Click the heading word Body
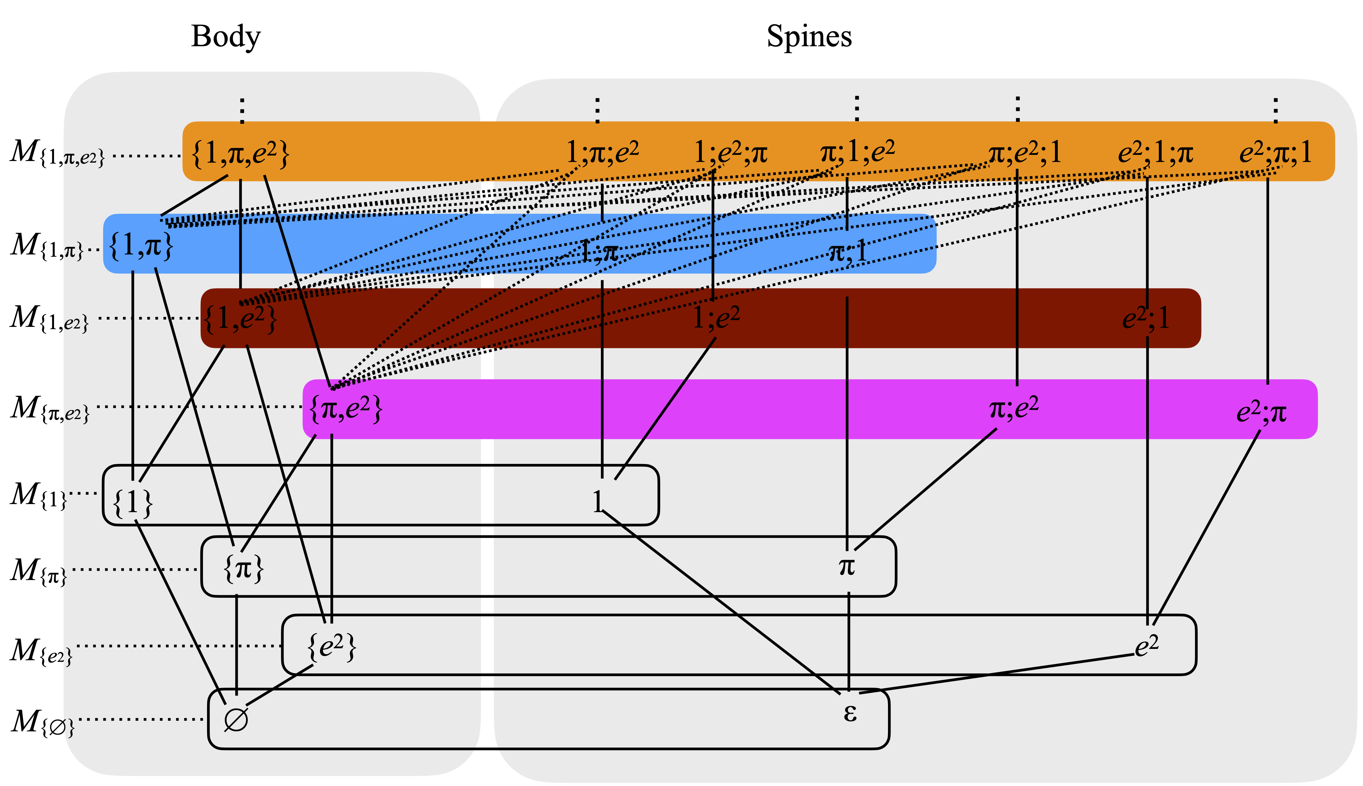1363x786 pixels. [x=226, y=37]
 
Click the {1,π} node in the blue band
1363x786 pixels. [x=140, y=246]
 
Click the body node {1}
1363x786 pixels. [x=132, y=502]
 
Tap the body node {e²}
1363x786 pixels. [x=331, y=646]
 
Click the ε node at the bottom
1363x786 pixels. [x=850, y=713]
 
